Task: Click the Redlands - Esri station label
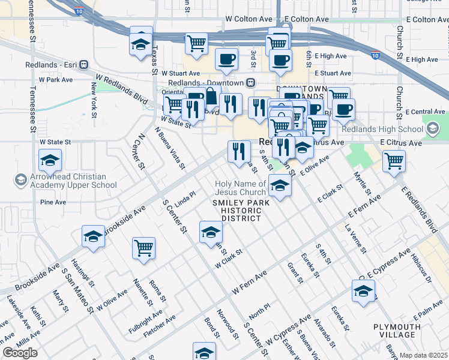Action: (x=52, y=65)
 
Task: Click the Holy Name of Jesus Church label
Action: (x=241, y=188)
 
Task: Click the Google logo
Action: (x=20, y=353)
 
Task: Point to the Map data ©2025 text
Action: (x=423, y=355)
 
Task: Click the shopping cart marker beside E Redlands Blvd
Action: (x=394, y=160)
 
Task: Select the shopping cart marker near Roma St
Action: (x=144, y=248)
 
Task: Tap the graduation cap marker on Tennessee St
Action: (x=50, y=160)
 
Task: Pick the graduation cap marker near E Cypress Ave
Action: (x=363, y=292)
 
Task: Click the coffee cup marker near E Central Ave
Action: (x=343, y=109)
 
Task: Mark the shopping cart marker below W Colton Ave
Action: (x=196, y=43)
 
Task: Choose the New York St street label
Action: (x=95, y=96)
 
